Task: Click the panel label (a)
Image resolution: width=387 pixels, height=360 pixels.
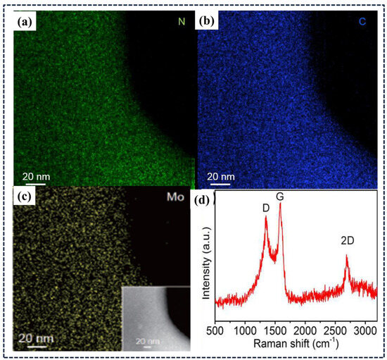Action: click(x=25, y=21)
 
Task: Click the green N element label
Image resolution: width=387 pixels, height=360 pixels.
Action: click(x=182, y=22)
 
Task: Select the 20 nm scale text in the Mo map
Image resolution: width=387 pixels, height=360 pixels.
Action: click(x=33, y=336)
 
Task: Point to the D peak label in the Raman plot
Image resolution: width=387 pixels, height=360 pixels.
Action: click(x=265, y=208)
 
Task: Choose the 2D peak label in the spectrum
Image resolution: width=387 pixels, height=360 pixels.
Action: click(x=346, y=240)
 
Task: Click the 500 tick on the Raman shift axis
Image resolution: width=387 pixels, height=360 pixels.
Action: click(x=215, y=329)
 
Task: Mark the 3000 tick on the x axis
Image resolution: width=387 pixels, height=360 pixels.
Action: click(x=364, y=329)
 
